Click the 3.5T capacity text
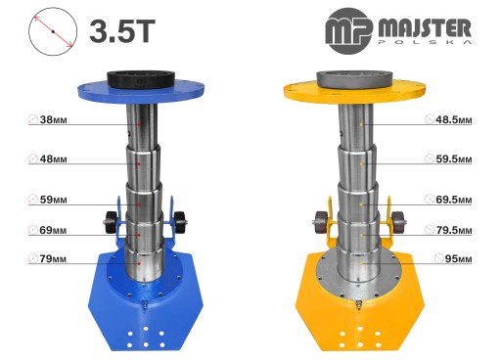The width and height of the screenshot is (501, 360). pyautogui.click(x=122, y=31)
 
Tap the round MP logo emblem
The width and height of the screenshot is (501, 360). pyautogui.click(x=349, y=31)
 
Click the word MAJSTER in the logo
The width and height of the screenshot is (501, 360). pyautogui.click(x=425, y=28)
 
